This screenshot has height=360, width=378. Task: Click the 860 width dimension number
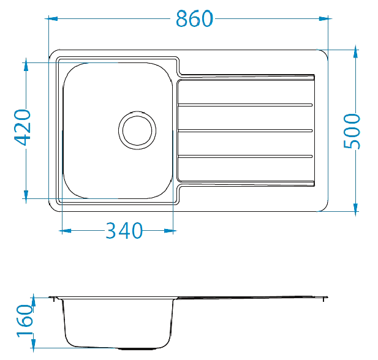195,18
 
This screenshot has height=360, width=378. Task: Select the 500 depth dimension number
352,131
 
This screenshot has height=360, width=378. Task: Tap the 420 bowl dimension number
23,127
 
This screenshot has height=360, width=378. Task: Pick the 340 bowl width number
124,231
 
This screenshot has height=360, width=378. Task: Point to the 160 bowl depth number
25,321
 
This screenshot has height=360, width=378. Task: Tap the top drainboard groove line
245,105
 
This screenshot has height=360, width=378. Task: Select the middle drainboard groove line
245,130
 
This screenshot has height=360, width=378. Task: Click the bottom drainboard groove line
245,156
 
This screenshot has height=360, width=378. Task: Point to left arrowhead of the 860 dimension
53,18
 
